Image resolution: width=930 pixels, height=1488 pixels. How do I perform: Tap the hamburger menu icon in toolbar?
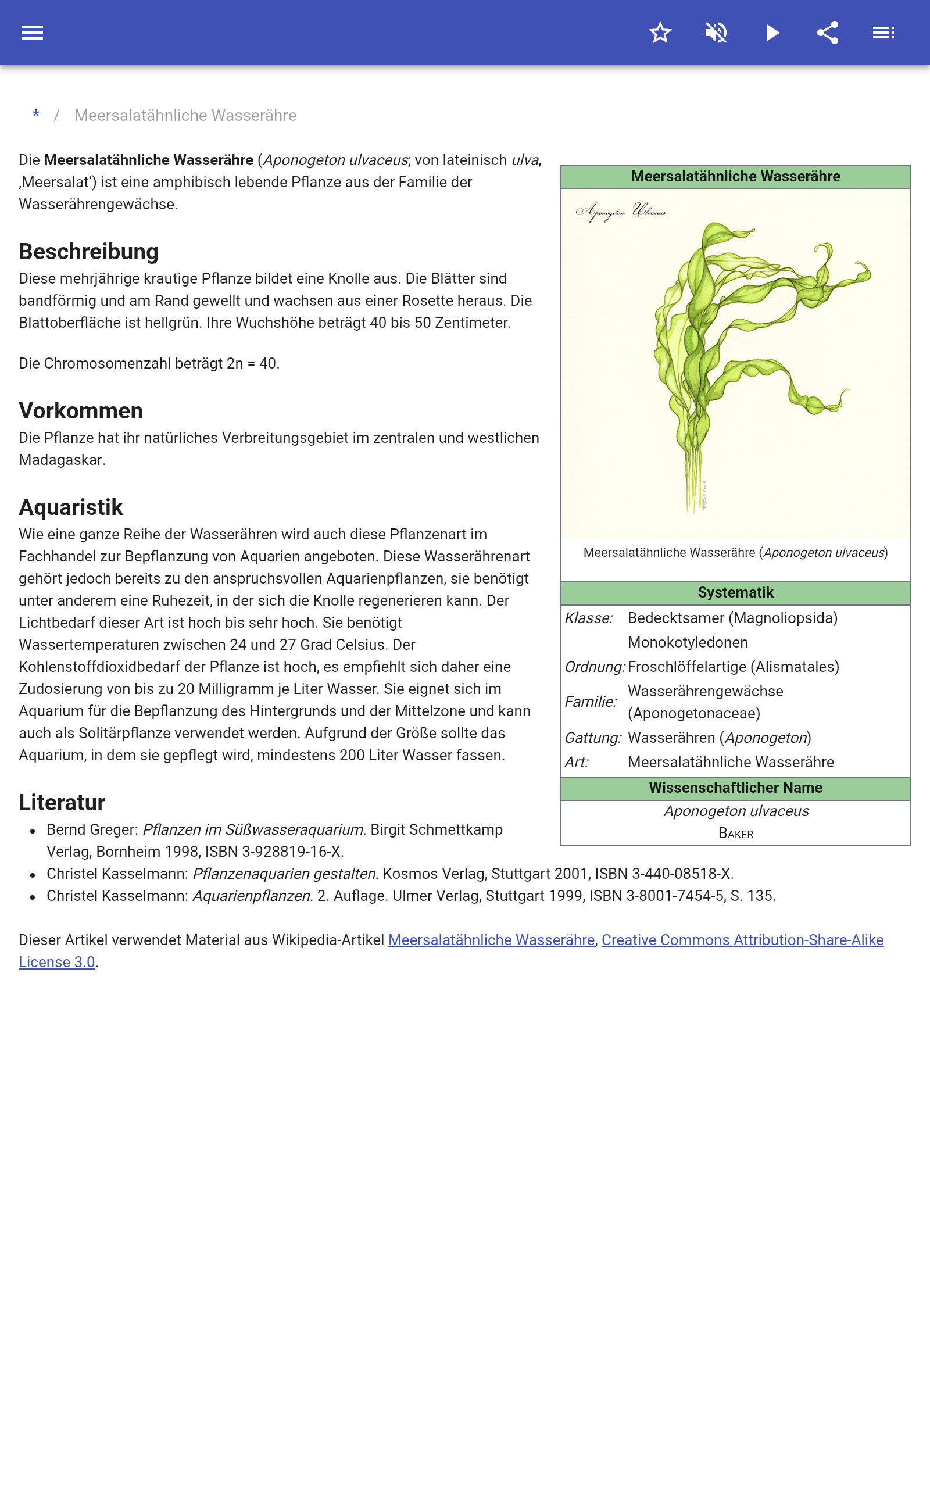[x=33, y=33]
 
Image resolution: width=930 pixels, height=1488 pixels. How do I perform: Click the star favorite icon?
[x=660, y=33]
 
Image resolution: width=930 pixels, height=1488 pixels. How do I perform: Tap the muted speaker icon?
[x=716, y=33]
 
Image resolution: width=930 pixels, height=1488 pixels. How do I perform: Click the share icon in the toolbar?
[x=828, y=33]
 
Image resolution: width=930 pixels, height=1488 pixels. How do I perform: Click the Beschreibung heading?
[x=88, y=252]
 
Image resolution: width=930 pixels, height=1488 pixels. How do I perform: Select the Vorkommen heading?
[x=81, y=411]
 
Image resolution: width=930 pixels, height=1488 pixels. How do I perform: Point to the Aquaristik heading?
[x=71, y=507]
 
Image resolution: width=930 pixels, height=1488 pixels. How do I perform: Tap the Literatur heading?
[x=62, y=802]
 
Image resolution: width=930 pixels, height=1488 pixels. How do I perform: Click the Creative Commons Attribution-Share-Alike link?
[x=742, y=940]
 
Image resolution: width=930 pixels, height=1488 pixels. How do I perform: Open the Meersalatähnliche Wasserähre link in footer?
[x=491, y=940]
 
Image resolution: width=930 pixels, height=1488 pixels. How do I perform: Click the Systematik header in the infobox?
[x=735, y=593]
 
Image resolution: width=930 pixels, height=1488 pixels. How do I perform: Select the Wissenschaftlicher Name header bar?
[x=735, y=788]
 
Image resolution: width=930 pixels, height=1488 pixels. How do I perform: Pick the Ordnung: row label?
[x=594, y=667]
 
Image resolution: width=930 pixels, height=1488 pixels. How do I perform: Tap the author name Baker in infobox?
[x=736, y=834]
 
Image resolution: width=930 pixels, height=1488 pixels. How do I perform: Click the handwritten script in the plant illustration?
[x=621, y=212]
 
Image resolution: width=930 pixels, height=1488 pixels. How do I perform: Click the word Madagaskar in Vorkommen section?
[x=62, y=460]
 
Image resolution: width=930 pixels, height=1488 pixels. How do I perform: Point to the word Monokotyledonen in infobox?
[x=688, y=642]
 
